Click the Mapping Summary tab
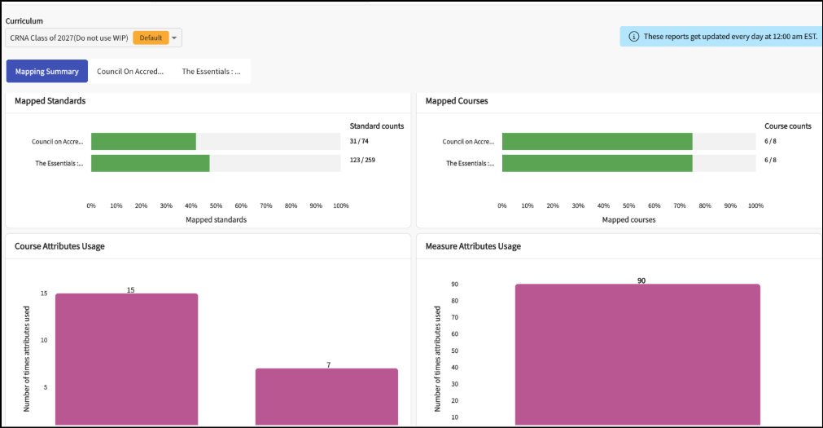point(46,72)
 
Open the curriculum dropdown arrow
point(174,38)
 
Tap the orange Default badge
point(151,38)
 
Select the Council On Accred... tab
point(130,72)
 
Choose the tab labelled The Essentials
point(211,72)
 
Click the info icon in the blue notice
point(633,37)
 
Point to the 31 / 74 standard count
point(359,141)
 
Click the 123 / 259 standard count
point(362,160)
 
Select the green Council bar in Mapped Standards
point(143,141)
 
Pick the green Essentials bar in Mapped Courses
point(598,163)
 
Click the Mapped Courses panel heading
point(457,101)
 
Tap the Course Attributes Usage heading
point(59,246)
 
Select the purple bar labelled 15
point(126,360)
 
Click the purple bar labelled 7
point(326,396)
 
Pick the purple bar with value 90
point(637,355)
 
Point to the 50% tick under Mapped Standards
point(216,205)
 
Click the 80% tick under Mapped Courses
point(705,205)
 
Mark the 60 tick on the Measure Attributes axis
point(454,334)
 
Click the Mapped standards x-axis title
point(216,220)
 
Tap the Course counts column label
point(788,126)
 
